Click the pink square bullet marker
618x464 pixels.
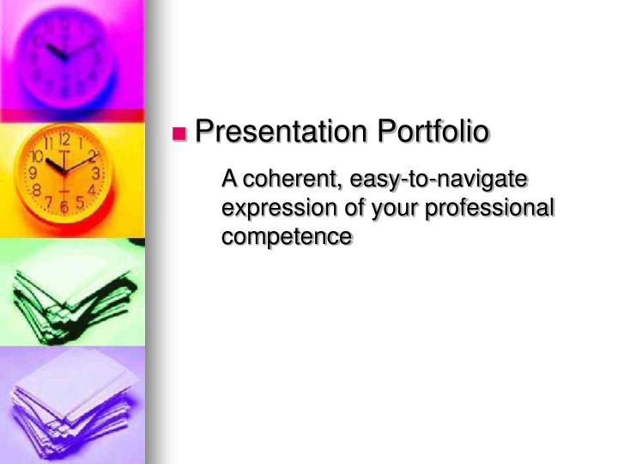pyautogui.click(x=180, y=133)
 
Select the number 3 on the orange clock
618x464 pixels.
pyautogui.click(x=96, y=174)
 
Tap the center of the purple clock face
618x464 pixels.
pyautogui.click(x=64, y=55)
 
